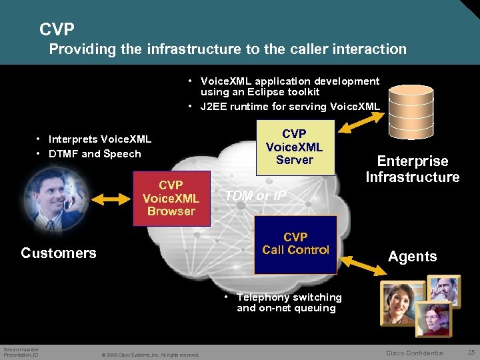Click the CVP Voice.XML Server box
point(294,147)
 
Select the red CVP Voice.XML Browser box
point(171,197)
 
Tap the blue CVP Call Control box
point(295,244)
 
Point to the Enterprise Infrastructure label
point(412,169)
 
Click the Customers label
point(59,253)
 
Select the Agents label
point(412,257)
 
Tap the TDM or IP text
point(255,195)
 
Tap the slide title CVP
point(57,29)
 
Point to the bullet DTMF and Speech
point(93,153)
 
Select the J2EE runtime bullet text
point(290,106)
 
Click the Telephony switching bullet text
point(289,303)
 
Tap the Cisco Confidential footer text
point(415,353)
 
